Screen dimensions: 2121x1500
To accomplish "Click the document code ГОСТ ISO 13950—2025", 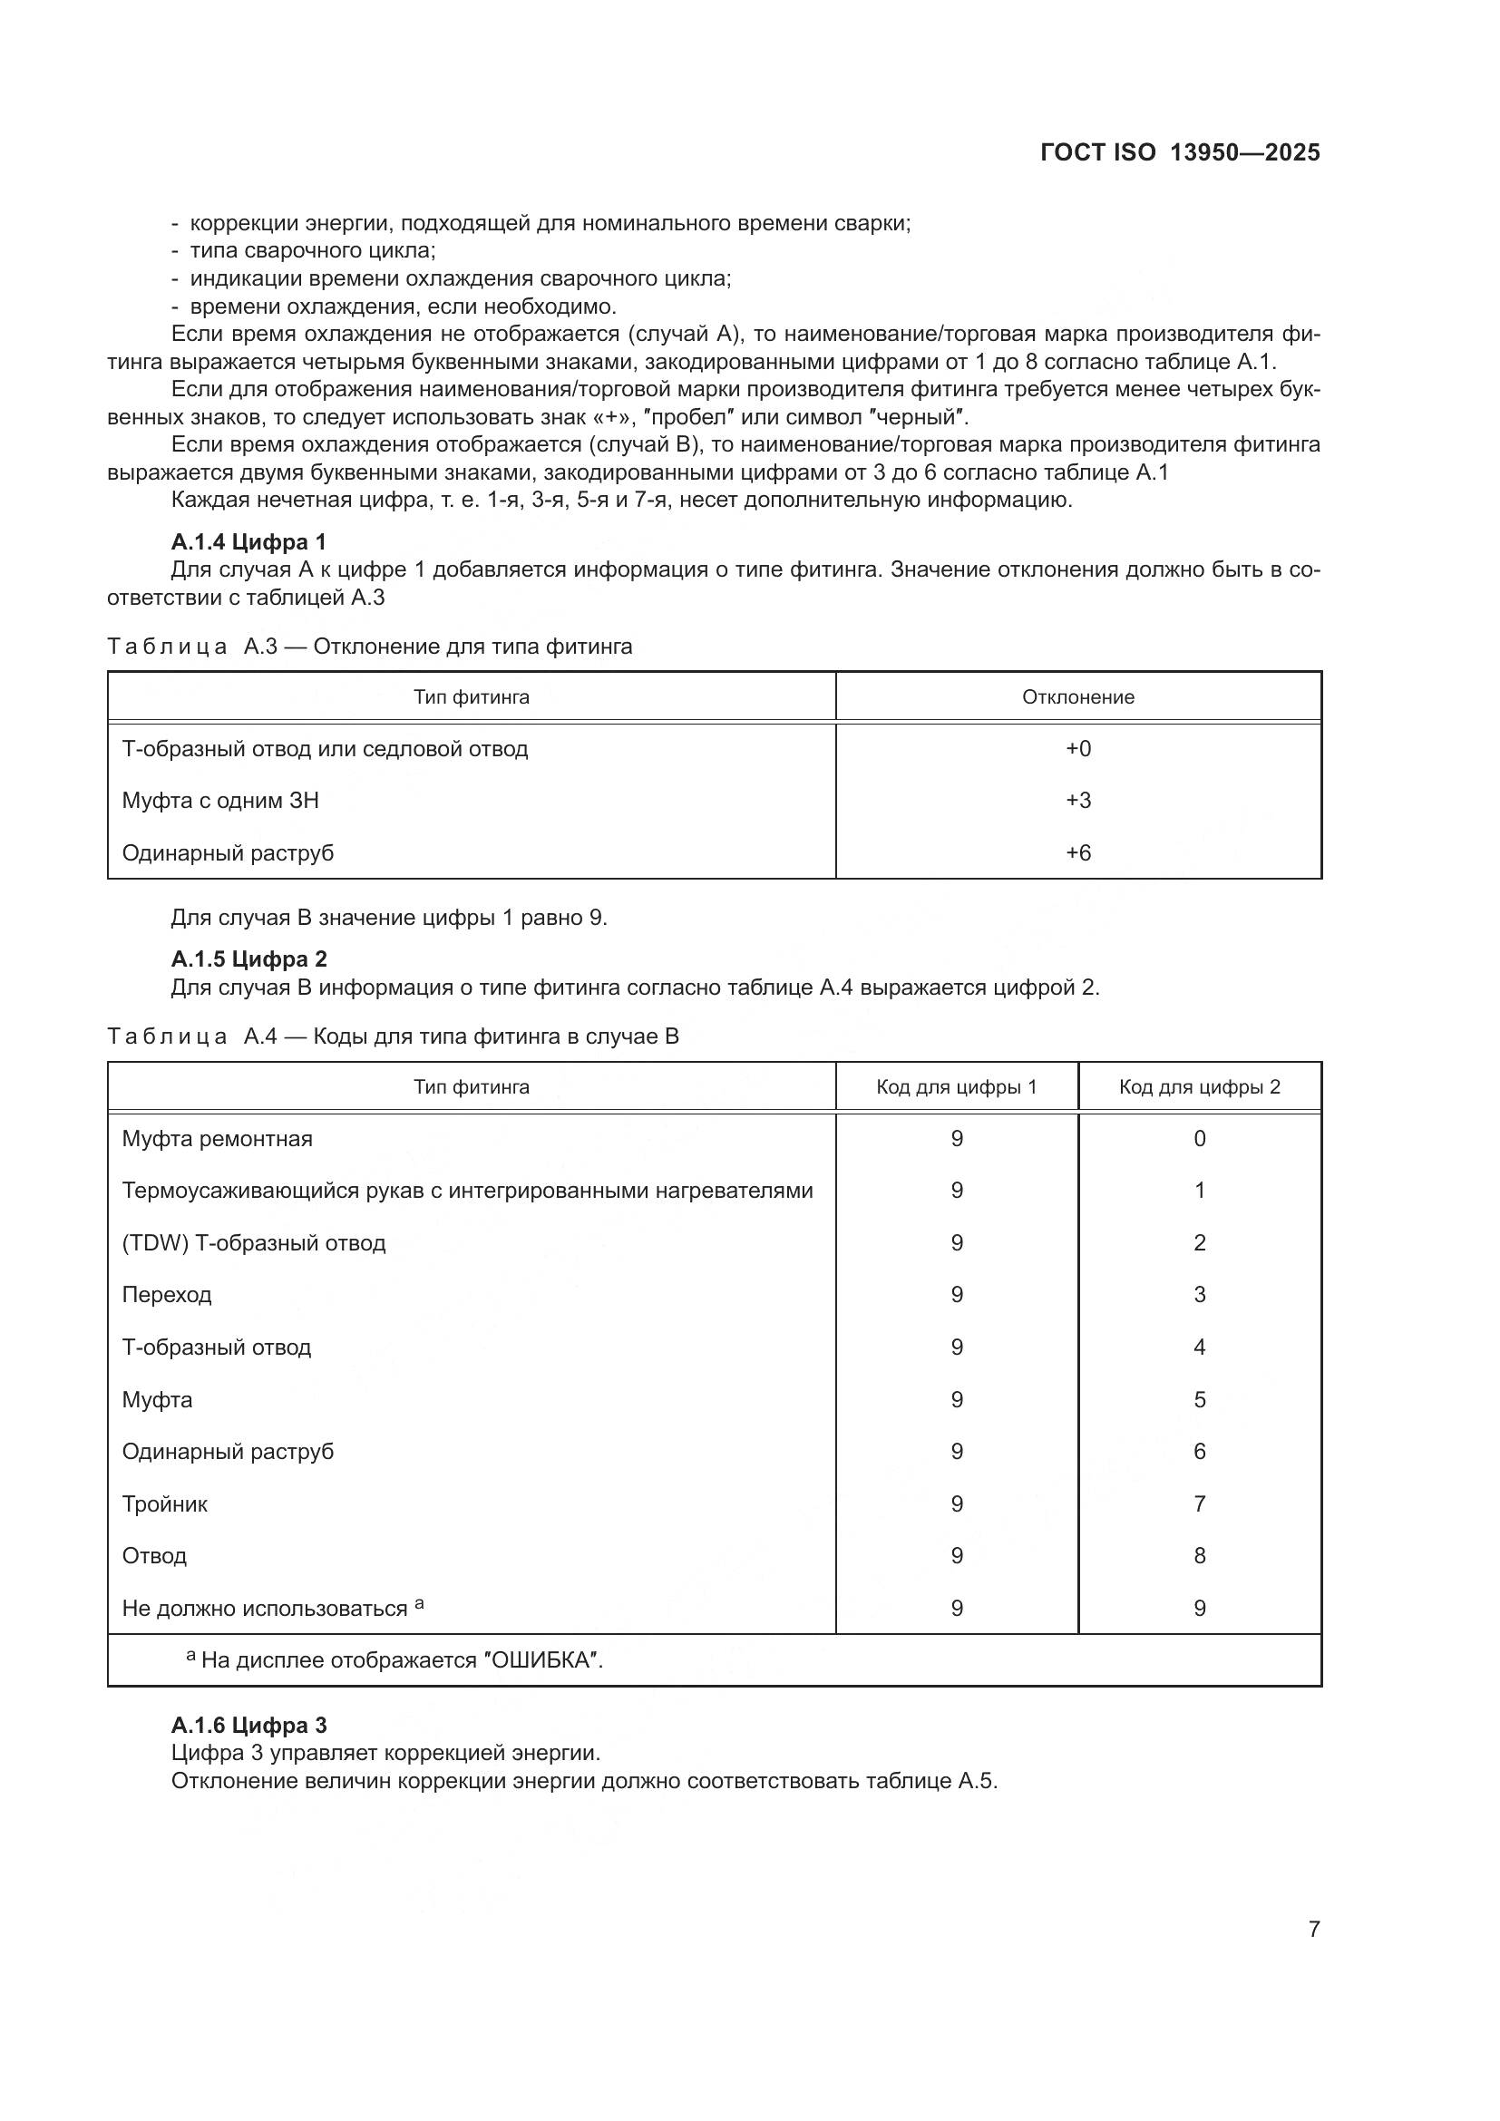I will [x=1180, y=152].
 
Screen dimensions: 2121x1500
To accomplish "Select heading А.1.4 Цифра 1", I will [x=248, y=541].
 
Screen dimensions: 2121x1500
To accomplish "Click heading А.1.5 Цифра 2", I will [x=248, y=958].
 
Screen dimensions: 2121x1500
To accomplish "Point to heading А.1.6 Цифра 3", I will [x=248, y=1725].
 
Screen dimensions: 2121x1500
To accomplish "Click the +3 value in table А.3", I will [x=1078, y=800].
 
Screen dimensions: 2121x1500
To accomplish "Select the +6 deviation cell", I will [x=1078, y=852].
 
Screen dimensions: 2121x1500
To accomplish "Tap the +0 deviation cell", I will [x=1078, y=748].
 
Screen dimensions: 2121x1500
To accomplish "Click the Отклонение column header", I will [x=1078, y=696].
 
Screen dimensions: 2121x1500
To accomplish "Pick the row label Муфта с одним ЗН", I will [x=220, y=800].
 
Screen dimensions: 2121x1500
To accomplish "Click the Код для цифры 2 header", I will [x=1199, y=1086].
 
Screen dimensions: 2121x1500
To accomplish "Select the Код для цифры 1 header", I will [x=956, y=1086].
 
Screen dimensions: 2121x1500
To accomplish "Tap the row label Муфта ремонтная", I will [x=217, y=1138].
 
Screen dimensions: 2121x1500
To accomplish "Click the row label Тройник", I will [x=164, y=1503].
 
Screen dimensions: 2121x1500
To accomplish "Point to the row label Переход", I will [x=166, y=1294].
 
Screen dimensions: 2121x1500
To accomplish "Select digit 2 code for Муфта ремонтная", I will [x=1199, y=1138].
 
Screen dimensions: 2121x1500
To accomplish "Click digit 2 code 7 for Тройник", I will [x=1199, y=1503].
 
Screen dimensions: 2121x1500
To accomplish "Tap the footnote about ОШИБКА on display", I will [x=395, y=1660].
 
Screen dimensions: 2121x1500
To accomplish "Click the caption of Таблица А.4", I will [x=393, y=1036].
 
